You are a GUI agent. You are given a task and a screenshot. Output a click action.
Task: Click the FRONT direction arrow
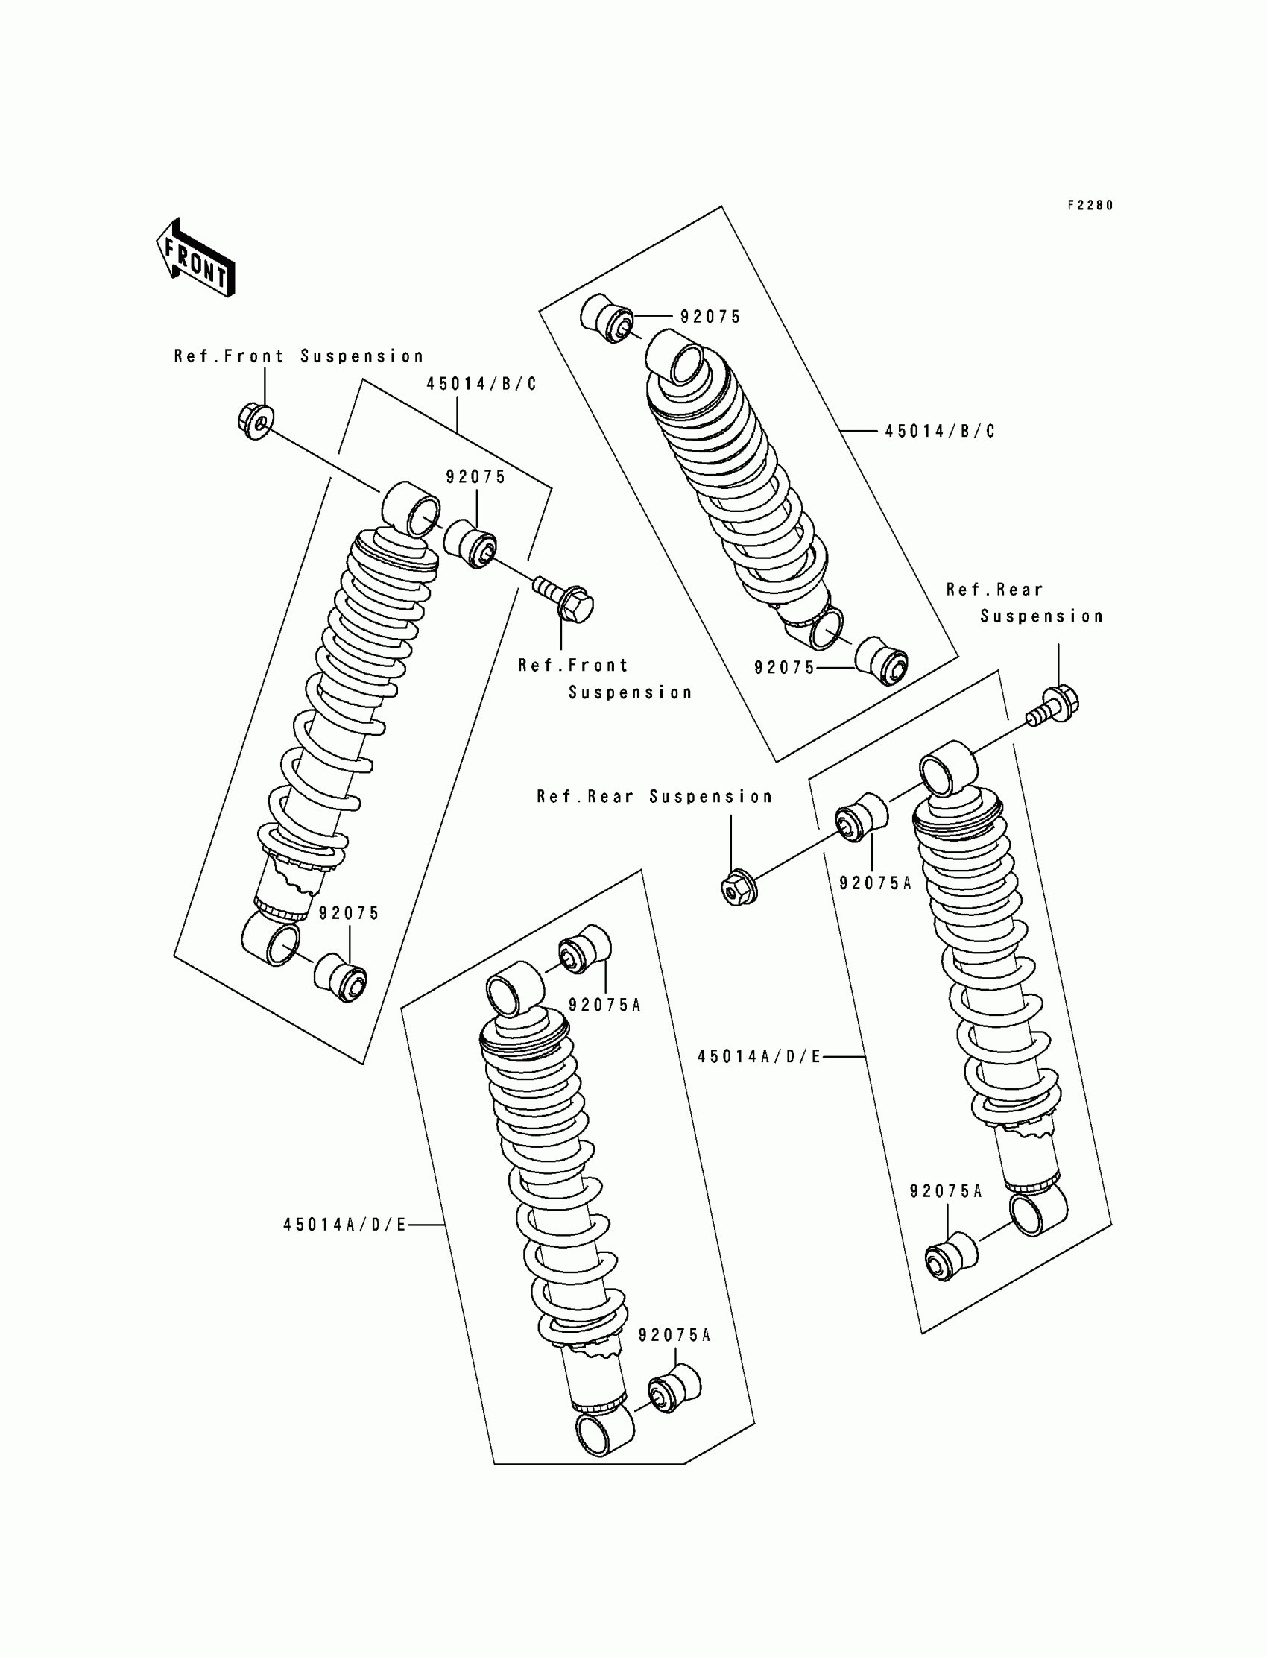(x=195, y=258)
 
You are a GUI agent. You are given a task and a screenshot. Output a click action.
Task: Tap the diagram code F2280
(x=1090, y=205)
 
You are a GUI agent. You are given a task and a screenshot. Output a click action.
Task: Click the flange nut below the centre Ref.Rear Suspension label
(x=738, y=889)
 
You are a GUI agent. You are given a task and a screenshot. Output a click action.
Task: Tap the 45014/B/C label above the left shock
(x=481, y=384)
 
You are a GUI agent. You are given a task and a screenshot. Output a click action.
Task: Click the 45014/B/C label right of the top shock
(x=940, y=432)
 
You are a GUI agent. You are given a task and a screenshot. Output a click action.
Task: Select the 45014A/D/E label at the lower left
(x=344, y=1225)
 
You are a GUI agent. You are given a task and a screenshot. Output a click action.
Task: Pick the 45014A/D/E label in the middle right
(x=759, y=1057)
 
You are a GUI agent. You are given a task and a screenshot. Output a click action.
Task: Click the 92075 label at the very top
(x=710, y=317)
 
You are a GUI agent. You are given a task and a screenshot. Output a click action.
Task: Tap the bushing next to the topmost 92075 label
(x=608, y=318)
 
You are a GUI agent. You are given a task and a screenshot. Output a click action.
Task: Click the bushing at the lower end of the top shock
(x=882, y=662)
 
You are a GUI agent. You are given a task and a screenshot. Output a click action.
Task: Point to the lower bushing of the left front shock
(x=340, y=978)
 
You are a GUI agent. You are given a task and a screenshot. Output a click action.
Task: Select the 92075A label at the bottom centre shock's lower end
(x=674, y=1335)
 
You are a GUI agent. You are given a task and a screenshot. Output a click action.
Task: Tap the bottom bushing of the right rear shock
(x=951, y=1257)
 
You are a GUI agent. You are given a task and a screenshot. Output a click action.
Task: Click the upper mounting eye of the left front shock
(x=411, y=509)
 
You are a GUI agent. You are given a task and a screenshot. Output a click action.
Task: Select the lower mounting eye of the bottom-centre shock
(x=604, y=1430)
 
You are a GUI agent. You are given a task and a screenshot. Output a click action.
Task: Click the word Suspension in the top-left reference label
(x=362, y=356)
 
